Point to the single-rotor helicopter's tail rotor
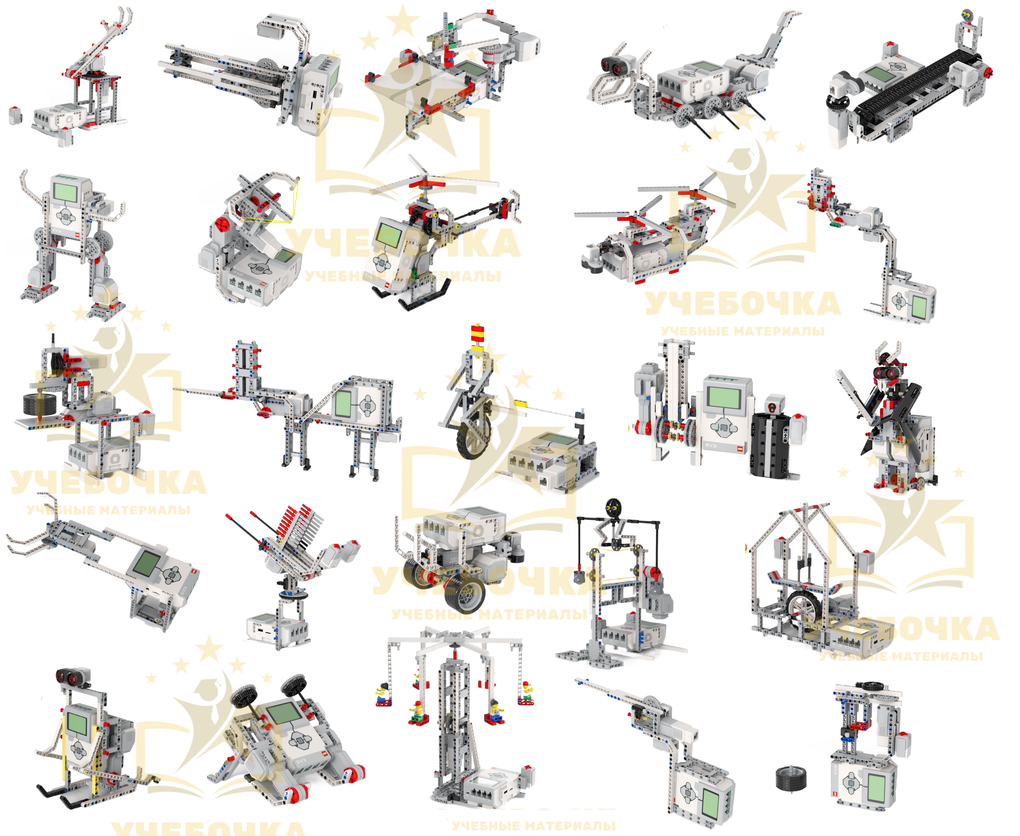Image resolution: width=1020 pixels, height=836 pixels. [514, 203]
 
